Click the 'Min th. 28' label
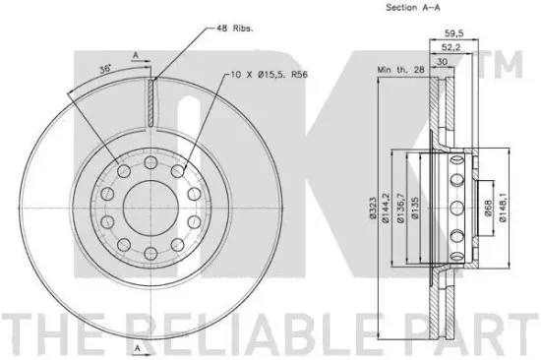click(401, 70)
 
